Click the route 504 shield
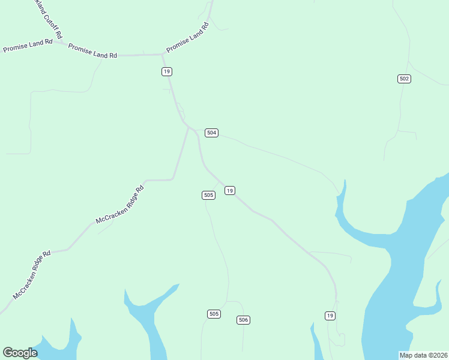(x=211, y=133)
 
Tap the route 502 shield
(x=404, y=79)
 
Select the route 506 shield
(x=243, y=320)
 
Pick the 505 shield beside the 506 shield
(x=214, y=314)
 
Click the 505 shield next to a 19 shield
(x=208, y=195)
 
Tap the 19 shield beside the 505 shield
(x=229, y=190)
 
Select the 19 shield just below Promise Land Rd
(x=166, y=71)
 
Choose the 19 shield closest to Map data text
(x=330, y=316)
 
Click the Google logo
(x=20, y=353)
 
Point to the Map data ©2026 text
(x=423, y=355)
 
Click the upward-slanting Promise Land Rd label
(x=187, y=37)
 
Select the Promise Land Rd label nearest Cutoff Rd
(x=28, y=46)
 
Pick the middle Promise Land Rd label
(x=92, y=51)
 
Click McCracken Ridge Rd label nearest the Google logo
(x=32, y=275)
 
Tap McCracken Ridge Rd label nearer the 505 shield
(x=120, y=205)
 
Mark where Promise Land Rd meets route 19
(x=163, y=54)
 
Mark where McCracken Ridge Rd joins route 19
(x=188, y=127)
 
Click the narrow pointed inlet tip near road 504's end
(x=345, y=180)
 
